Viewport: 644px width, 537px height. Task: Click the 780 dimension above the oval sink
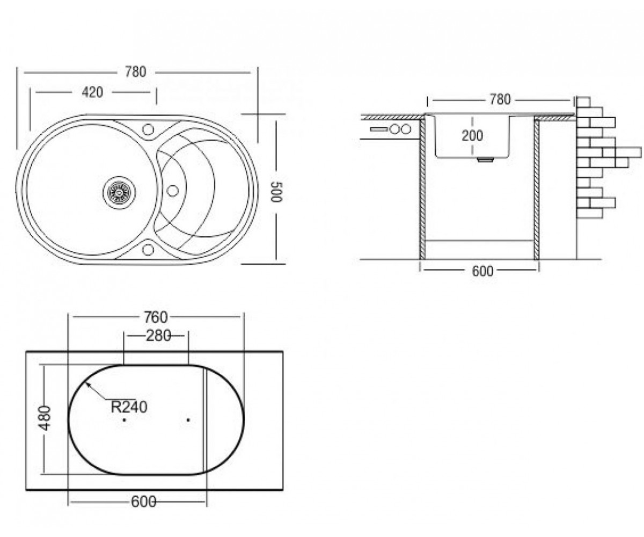point(135,72)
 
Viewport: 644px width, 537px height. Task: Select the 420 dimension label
point(92,92)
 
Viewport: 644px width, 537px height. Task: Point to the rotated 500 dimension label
point(277,192)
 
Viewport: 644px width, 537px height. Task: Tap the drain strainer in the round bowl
point(119,192)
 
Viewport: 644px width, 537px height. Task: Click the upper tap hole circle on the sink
point(148,129)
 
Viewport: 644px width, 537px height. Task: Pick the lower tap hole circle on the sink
point(148,249)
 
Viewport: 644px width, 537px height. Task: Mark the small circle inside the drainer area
point(172,191)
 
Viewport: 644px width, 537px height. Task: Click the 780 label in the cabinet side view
point(500,100)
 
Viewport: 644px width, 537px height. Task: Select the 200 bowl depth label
point(472,136)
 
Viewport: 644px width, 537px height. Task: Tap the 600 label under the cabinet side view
point(482,271)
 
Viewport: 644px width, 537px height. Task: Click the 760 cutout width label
point(156,317)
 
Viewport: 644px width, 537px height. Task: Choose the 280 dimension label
point(158,336)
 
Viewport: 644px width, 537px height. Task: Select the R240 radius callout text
point(129,407)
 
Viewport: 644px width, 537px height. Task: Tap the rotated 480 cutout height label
point(45,418)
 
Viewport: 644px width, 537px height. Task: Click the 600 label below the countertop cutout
point(143,502)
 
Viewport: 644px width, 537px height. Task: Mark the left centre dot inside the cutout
point(125,420)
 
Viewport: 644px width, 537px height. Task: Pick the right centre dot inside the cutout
point(188,420)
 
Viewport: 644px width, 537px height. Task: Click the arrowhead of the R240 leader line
point(87,383)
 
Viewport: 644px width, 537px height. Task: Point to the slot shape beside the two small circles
point(378,129)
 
